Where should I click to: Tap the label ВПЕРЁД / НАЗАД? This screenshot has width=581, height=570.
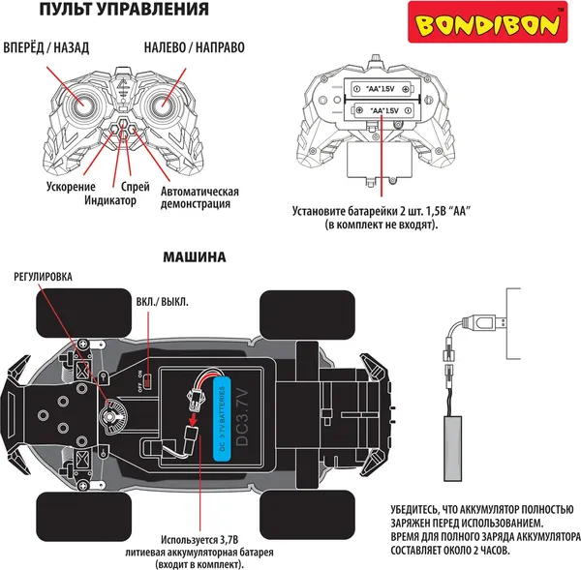[x=48, y=48]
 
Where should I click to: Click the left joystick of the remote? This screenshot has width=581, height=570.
[x=84, y=101]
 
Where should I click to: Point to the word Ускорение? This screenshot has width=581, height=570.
[x=71, y=186]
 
